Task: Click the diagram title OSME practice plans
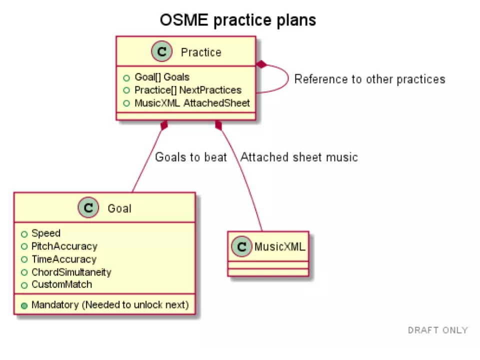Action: (x=237, y=20)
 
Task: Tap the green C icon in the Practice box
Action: (x=161, y=52)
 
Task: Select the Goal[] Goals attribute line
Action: (x=161, y=77)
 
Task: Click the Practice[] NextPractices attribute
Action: (x=187, y=90)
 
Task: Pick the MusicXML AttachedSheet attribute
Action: (x=191, y=103)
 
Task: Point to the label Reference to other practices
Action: (x=369, y=79)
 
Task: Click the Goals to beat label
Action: (x=190, y=157)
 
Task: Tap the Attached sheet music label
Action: (x=299, y=157)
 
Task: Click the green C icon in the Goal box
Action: (x=88, y=208)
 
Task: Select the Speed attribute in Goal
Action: (x=45, y=233)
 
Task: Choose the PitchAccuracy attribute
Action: (x=64, y=246)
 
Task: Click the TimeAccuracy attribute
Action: (x=63, y=259)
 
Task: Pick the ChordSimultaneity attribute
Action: (x=71, y=272)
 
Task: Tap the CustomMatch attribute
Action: (x=61, y=284)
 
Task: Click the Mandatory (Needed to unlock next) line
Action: (x=109, y=305)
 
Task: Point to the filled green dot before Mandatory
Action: (x=24, y=305)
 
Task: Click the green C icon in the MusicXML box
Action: (x=242, y=246)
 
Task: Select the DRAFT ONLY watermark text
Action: (x=437, y=330)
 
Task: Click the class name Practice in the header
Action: (x=201, y=52)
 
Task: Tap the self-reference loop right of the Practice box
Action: (x=288, y=79)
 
